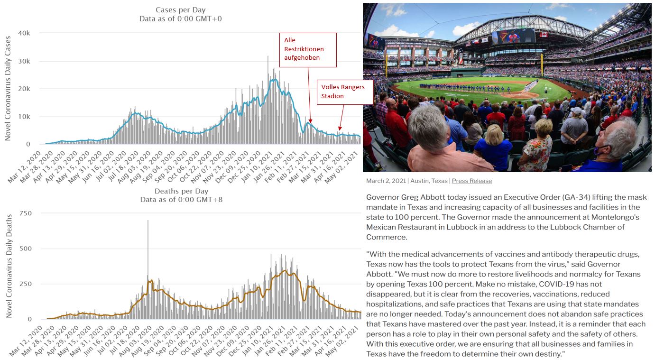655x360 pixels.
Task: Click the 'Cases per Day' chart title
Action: pyautogui.click(x=181, y=10)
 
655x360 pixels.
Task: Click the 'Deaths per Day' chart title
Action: pyautogui.click(x=181, y=191)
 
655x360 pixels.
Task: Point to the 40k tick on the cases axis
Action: pyautogui.click(x=24, y=33)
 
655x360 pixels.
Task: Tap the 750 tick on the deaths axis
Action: pyautogui.click(x=25, y=213)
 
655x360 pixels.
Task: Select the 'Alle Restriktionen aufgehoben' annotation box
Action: pyautogui.click(x=310, y=49)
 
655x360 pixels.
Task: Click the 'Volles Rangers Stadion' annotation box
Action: pyautogui.click(x=345, y=91)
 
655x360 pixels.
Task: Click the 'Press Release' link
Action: pyautogui.click(x=471, y=181)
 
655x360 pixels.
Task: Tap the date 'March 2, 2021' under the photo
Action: pyautogui.click(x=386, y=181)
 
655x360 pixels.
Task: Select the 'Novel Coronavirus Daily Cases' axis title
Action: pyautogui.click(x=8, y=89)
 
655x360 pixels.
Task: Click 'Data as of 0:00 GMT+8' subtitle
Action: pyautogui.click(x=181, y=200)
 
